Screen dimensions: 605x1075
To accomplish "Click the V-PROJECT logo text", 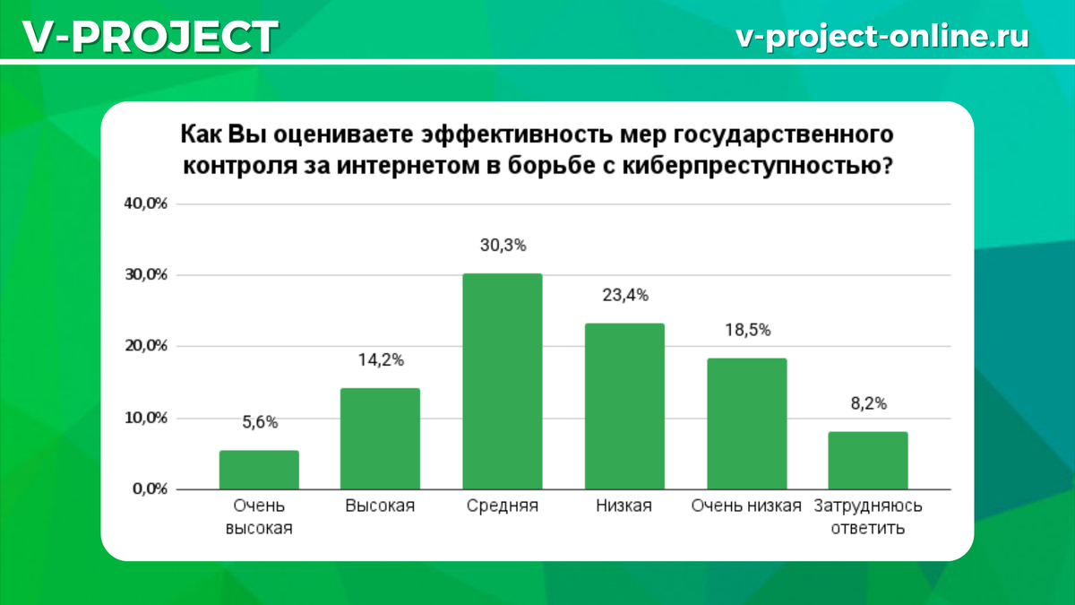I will [x=149, y=37].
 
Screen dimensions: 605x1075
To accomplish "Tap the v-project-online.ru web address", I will [x=881, y=36].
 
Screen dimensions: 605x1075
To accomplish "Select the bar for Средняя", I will [x=502, y=382].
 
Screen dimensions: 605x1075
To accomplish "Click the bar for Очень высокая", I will [x=259, y=470].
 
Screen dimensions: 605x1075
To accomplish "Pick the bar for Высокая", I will [x=381, y=439].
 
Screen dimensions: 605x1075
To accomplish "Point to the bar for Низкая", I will [x=624, y=406].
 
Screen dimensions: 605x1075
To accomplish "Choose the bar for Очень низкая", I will [x=746, y=424].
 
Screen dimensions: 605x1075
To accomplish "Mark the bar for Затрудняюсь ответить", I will [x=868, y=461].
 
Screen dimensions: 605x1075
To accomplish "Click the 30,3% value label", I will [x=502, y=246].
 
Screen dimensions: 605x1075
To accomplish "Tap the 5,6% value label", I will [x=259, y=423].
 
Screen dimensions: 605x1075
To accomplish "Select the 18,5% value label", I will [x=746, y=330].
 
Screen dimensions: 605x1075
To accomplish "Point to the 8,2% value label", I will [x=868, y=404].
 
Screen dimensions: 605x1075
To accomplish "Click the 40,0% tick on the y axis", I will [x=146, y=203].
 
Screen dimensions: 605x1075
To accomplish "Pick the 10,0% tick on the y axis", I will [x=146, y=418].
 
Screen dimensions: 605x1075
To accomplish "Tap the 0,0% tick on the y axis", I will [x=149, y=489].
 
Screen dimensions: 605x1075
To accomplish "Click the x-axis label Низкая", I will [x=623, y=506].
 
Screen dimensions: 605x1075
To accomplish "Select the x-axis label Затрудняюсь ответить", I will [x=867, y=517].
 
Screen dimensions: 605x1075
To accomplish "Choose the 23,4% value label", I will [x=624, y=295].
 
